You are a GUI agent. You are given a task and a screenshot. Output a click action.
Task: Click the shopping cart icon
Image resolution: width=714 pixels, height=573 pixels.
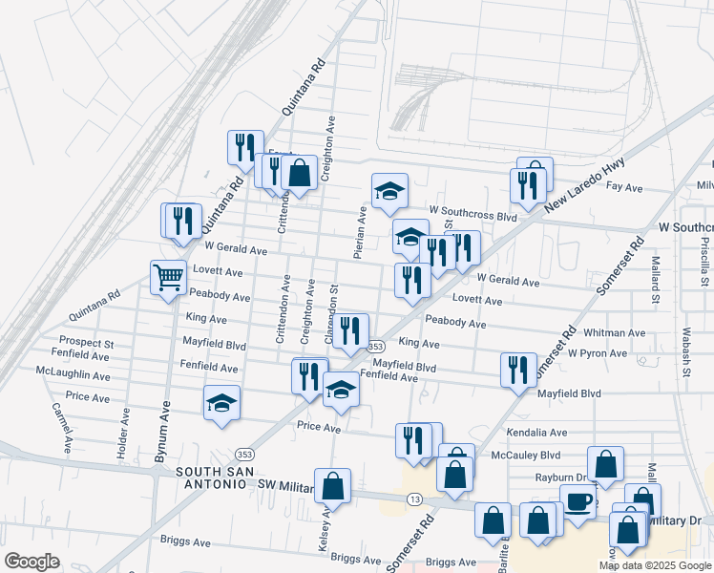pos(168,277)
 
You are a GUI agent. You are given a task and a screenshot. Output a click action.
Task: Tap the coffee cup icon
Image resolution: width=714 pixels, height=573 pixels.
pos(578,500)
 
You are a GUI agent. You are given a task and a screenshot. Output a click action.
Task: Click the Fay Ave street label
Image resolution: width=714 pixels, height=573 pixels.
pos(625,188)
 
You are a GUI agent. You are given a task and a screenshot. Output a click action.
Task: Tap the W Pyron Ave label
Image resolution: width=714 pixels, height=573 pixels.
pos(597,353)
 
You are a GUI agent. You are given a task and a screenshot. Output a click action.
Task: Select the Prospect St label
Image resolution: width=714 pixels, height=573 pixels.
pos(86,342)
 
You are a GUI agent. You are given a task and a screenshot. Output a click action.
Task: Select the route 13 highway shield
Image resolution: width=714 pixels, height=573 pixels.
pos(414,499)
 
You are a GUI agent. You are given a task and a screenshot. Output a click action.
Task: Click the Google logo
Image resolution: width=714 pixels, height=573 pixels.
pos(32,562)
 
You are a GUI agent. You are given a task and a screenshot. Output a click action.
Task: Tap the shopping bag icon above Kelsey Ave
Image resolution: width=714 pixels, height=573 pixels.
pos(332,486)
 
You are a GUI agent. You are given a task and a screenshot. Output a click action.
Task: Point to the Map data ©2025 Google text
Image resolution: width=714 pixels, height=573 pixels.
pos(656,565)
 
